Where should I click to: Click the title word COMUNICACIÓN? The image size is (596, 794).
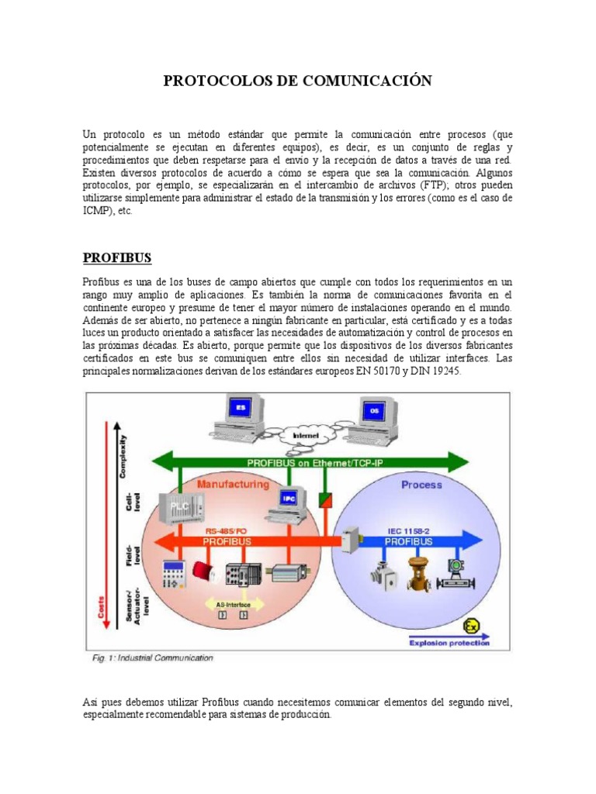(x=366, y=81)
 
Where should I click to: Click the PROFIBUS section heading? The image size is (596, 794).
(x=117, y=257)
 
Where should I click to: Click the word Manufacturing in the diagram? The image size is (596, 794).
(x=233, y=484)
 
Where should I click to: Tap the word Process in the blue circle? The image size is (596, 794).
(x=421, y=485)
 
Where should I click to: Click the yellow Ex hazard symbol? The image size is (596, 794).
(x=470, y=625)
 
